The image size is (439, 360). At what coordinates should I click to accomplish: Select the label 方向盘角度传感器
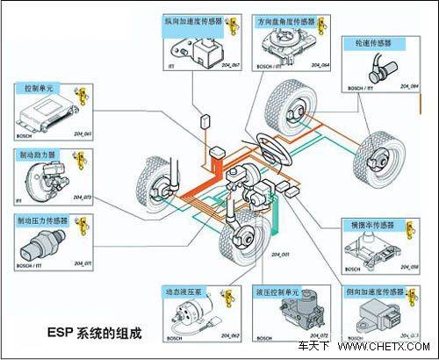pos(286,18)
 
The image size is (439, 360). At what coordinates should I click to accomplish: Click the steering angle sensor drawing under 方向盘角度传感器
pos(285,44)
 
